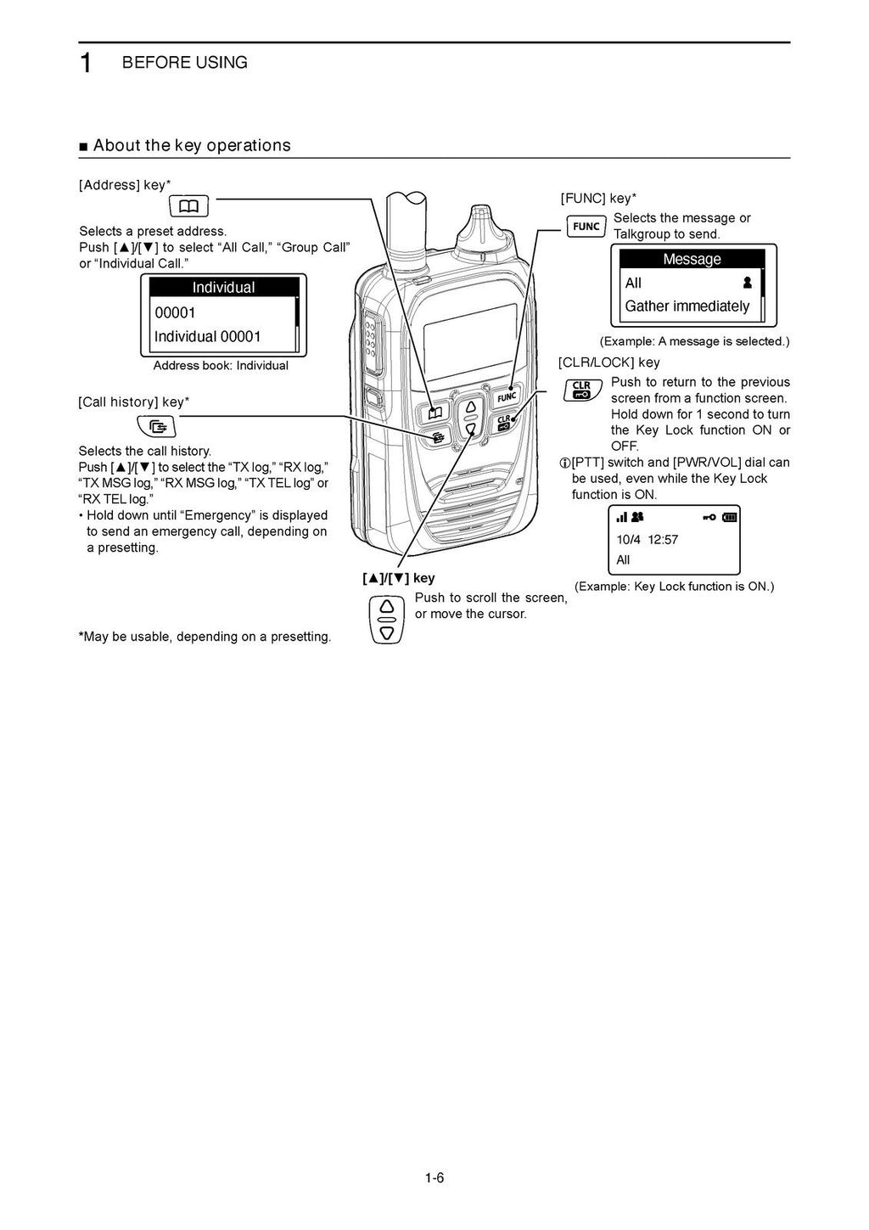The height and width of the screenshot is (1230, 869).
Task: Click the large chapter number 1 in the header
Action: (x=86, y=64)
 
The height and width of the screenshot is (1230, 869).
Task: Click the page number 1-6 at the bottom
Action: (x=434, y=1177)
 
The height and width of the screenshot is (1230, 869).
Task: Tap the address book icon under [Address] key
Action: (x=188, y=206)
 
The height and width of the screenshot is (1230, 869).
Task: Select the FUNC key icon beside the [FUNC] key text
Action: (x=586, y=227)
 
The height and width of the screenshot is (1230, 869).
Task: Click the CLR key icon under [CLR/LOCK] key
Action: (x=582, y=390)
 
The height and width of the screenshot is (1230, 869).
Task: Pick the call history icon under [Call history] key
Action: (x=156, y=426)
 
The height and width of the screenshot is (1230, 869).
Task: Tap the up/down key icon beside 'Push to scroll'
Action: (x=387, y=620)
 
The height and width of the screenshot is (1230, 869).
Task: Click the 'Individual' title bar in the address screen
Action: (x=223, y=288)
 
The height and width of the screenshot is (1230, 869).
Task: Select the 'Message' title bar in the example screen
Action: (x=692, y=259)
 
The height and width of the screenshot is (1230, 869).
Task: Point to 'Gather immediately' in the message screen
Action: (x=687, y=306)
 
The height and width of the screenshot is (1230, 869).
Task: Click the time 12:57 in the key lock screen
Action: (x=663, y=540)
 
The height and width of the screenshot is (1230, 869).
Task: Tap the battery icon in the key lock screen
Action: (x=730, y=517)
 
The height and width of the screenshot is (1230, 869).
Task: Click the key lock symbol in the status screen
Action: (x=709, y=517)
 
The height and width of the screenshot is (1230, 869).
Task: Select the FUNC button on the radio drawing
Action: (x=507, y=396)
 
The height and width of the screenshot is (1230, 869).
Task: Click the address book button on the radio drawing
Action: (x=435, y=413)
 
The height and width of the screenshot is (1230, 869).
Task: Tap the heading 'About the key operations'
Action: (x=192, y=145)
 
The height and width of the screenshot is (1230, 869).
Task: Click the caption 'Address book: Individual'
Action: (x=221, y=366)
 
